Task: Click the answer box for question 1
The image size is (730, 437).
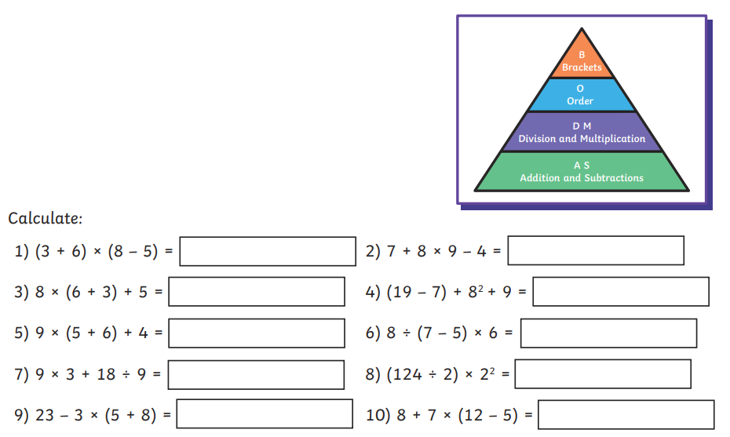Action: [x=268, y=251]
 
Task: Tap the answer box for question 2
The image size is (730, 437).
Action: [x=596, y=250]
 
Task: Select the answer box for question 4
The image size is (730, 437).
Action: [x=621, y=292]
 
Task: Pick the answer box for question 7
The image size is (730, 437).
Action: [x=256, y=374]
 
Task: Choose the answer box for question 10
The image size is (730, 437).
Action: [x=626, y=415]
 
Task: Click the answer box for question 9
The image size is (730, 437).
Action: [x=265, y=414]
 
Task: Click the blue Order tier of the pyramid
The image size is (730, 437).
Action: [x=581, y=95]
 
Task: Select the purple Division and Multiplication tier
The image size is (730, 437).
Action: [x=582, y=133]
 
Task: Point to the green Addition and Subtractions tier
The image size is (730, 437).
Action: [x=582, y=172]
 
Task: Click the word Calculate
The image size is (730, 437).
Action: [x=45, y=218]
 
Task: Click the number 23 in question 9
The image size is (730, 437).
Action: [x=45, y=415]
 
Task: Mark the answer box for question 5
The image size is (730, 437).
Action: [x=256, y=333]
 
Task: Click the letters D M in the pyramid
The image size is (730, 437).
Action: [x=582, y=126]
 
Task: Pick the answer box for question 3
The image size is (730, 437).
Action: [x=256, y=292]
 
